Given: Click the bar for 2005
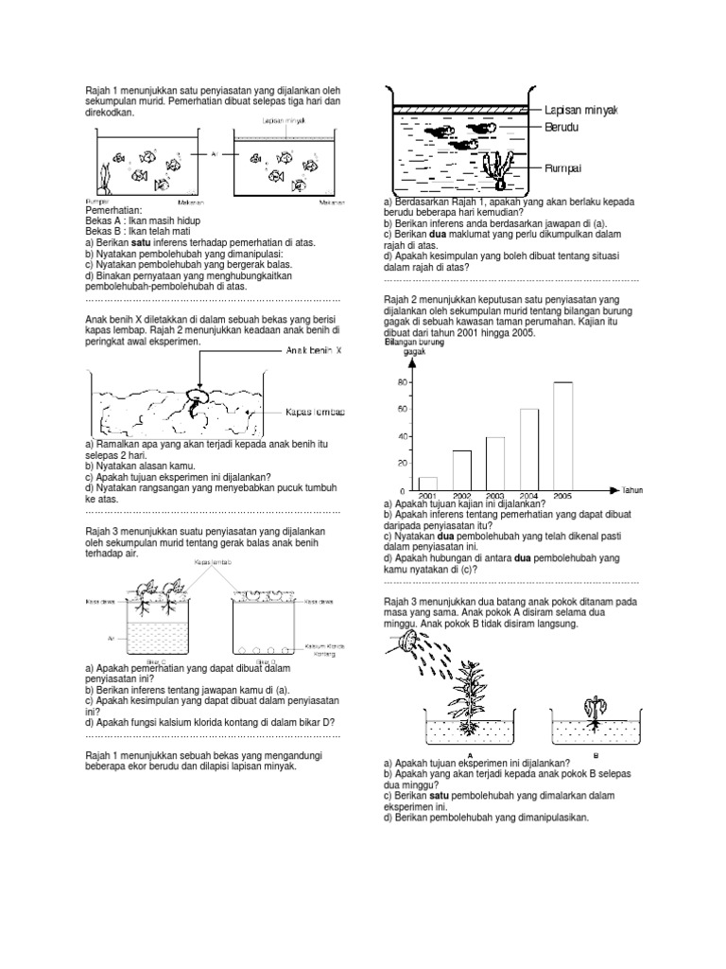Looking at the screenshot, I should pos(562,436).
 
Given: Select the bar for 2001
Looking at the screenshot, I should pos(427,484).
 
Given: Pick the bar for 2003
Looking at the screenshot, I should pos(494,464).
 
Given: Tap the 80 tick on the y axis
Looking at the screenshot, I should pos(402,382).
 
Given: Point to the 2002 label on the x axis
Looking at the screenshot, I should pos(461,496).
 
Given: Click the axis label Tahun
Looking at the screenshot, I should pos(631,490).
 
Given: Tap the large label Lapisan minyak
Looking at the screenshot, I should pos(579,110).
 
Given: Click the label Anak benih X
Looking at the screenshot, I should pos(316,349).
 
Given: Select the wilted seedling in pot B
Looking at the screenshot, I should pos(596,711).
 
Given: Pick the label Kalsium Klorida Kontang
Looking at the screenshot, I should pos(324,652).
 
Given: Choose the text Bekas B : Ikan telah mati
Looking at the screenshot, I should pos(126,230).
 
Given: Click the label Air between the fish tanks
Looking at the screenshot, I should pos(216,152).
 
